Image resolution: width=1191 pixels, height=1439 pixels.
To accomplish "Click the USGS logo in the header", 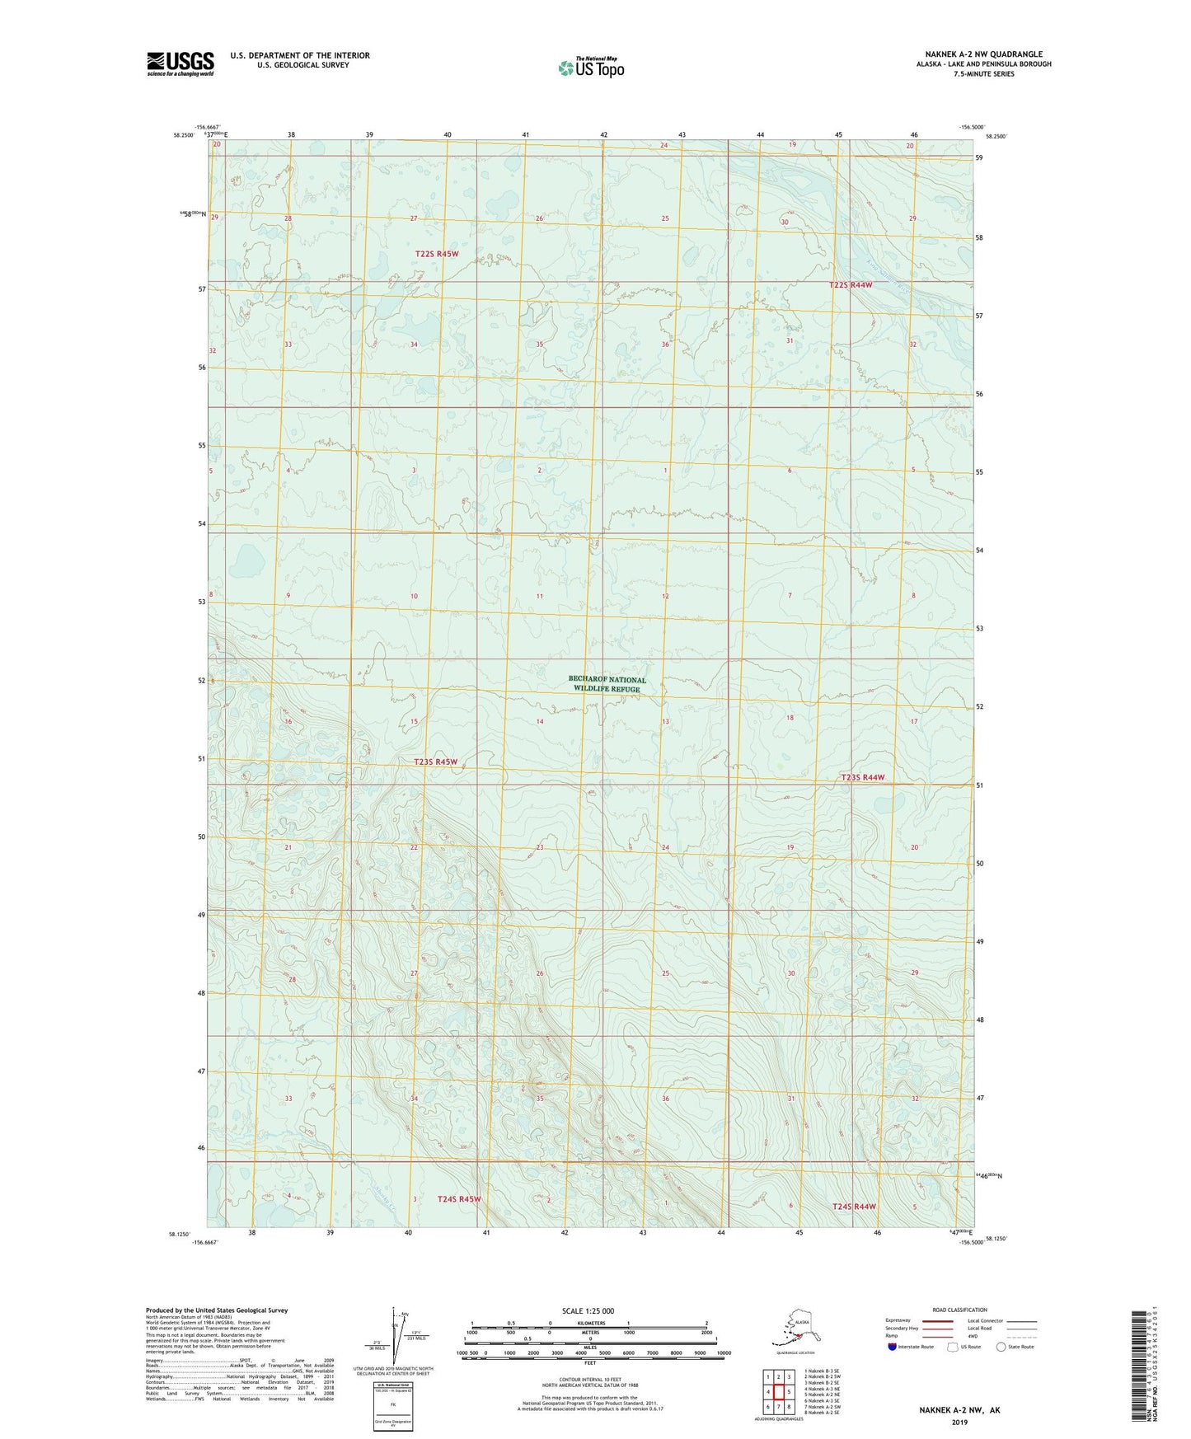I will pyautogui.click(x=180, y=63).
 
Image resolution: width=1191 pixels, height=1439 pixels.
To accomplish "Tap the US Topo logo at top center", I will pyautogui.click(x=590, y=68).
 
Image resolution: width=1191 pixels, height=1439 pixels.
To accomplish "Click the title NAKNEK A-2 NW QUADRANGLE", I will pyautogui.click(x=983, y=54).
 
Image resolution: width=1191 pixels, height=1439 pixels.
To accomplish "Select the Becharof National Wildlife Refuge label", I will pyautogui.click(x=607, y=684).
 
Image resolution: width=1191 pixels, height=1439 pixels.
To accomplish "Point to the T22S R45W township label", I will pyautogui.click(x=436, y=254).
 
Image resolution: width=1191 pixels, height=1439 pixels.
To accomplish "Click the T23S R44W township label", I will pyautogui.click(x=862, y=777).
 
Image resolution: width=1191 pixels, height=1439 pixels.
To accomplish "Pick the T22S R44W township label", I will pyautogui.click(x=850, y=284).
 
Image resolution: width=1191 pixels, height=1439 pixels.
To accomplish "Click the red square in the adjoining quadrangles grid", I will pyautogui.click(x=778, y=1392).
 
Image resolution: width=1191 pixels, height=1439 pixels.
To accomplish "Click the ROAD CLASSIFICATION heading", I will pyautogui.click(x=959, y=1310).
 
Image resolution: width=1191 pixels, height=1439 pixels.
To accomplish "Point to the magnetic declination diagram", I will pyautogui.click(x=394, y=1336).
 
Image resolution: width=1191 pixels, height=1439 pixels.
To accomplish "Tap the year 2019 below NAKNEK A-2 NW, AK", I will pyautogui.click(x=959, y=1422).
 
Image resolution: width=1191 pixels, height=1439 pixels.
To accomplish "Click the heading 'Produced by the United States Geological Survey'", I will pyautogui.click(x=217, y=1310).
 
